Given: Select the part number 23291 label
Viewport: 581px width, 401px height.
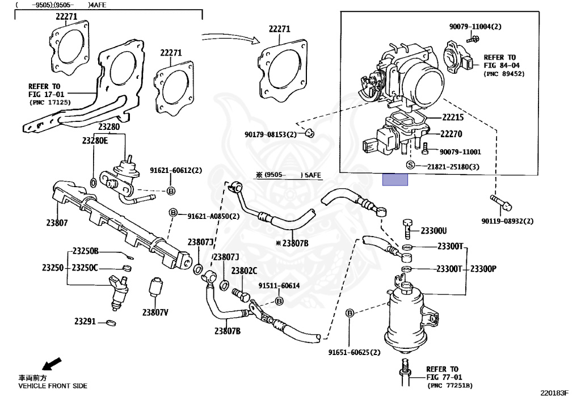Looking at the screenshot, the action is click(x=85, y=321).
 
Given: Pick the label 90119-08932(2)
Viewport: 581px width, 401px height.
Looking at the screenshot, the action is click(x=507, y=221).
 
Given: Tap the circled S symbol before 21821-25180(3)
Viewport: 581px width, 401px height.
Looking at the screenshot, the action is click(x=411, y=166).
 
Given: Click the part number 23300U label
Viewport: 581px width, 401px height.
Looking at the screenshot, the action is click(x=433, y=231).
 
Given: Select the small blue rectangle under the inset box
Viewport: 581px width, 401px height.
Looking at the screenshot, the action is click(x=395, y=180).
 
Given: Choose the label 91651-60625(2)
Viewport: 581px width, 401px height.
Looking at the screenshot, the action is click(x=353, y=352).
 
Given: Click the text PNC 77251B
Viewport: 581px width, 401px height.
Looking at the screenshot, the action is click(x=451, y=385).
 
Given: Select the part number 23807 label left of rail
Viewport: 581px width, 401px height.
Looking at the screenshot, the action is click(x=57, y=223).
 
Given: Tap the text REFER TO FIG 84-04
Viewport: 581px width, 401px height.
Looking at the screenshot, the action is click(x=499, y=61).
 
